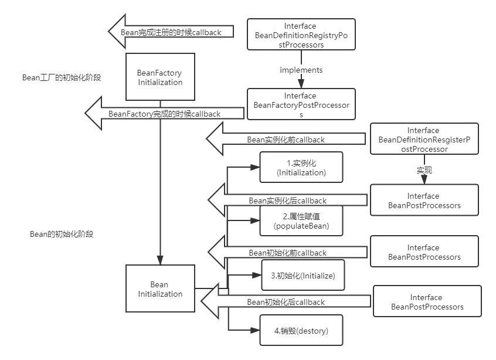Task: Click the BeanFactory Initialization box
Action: [x=159, y=78]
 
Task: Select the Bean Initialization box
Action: [x=159, y=290]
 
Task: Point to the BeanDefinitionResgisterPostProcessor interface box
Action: [x=423, y=140]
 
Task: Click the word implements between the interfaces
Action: [x=301, y=70]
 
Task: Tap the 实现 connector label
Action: [x=424, y=171]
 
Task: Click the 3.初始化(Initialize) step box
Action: [x=303, y=276]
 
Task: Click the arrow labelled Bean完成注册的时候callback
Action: [x=171, y=32]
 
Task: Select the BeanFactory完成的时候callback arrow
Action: [x=164, y=114]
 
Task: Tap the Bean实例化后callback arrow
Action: [x=287, y=201]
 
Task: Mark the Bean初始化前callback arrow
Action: [x=287, y=253]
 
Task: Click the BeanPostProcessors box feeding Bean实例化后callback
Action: [x=424, y=201]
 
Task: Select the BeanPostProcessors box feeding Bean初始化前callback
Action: [x=424, y=252]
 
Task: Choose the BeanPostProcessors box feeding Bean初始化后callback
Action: [x=427, y=303]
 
